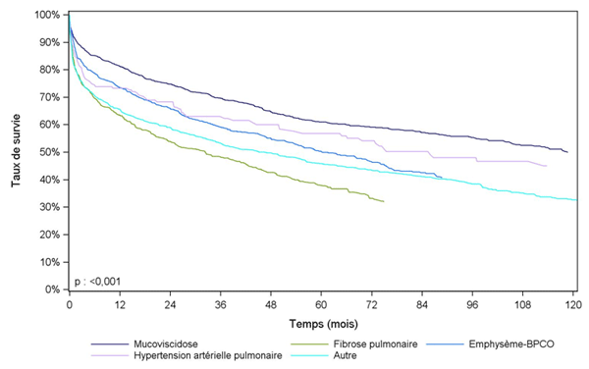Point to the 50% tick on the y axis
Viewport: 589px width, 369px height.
[x=48, y=153]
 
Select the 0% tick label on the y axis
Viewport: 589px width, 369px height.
[x=51, y=290]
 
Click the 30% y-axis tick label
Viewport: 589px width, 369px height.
[x=48, y=208]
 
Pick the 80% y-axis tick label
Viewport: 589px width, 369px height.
[x=48, y=71]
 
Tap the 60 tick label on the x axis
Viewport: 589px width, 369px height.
[x=321, y=305]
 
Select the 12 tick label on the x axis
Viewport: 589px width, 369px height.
[x=120, y=305]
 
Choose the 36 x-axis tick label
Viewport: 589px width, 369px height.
[x=221, y=305]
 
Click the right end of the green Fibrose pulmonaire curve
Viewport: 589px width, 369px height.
[x=384, y=201]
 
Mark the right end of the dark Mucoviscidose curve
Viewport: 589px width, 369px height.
[x=567, y=152]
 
